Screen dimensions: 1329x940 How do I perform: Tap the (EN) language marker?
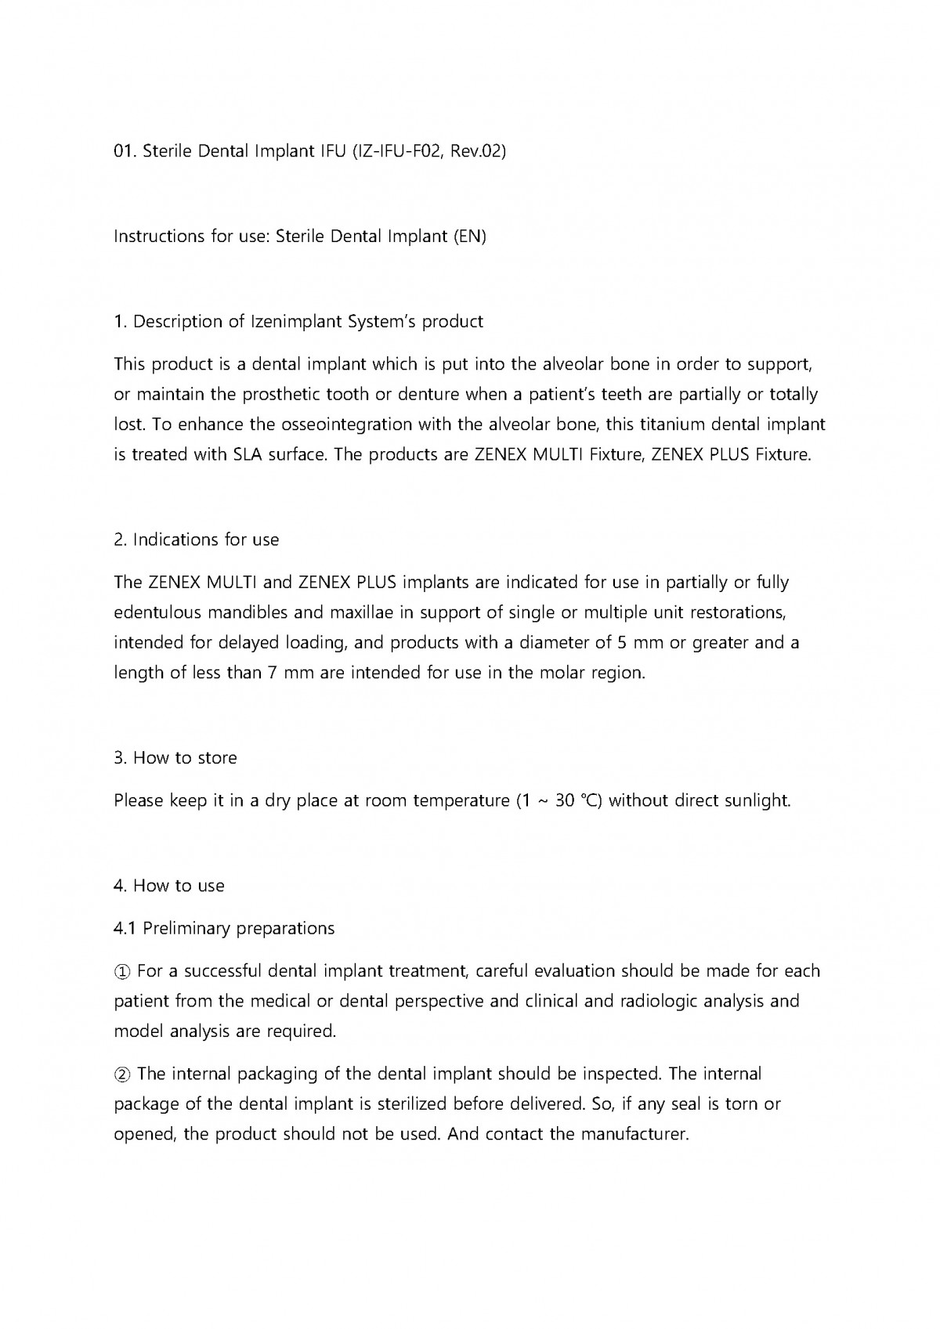coord(470,237)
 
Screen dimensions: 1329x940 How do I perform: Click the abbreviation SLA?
coord(251,455)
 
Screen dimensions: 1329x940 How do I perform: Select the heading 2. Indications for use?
coord(197,540)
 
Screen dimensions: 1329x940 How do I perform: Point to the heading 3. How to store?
coord(175,758)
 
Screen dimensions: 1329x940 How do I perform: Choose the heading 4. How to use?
coord(169,887)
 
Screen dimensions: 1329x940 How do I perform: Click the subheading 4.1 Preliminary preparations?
coord(224,929)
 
